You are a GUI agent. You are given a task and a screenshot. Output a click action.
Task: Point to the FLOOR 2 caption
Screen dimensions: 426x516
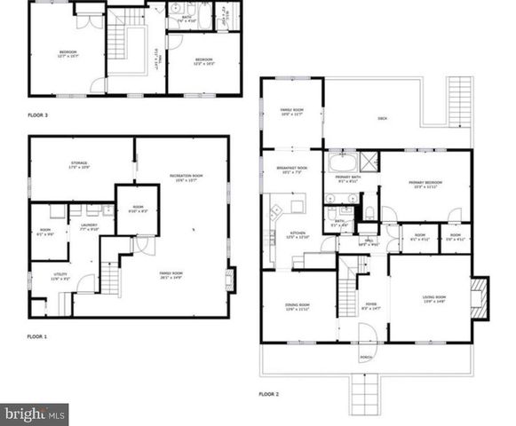[269, 393]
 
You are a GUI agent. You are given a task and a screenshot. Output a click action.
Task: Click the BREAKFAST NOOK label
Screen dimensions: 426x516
[293, 170]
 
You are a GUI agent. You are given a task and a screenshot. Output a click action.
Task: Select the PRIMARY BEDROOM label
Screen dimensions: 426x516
[425, 183]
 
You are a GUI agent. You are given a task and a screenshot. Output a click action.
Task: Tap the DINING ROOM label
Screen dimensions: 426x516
[298, 306]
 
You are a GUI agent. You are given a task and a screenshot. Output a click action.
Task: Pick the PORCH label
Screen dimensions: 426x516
[366, 359]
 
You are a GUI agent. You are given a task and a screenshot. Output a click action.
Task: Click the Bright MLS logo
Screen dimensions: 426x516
[34, 414]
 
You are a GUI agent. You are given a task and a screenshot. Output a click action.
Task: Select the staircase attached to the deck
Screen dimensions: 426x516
[460, 95]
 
